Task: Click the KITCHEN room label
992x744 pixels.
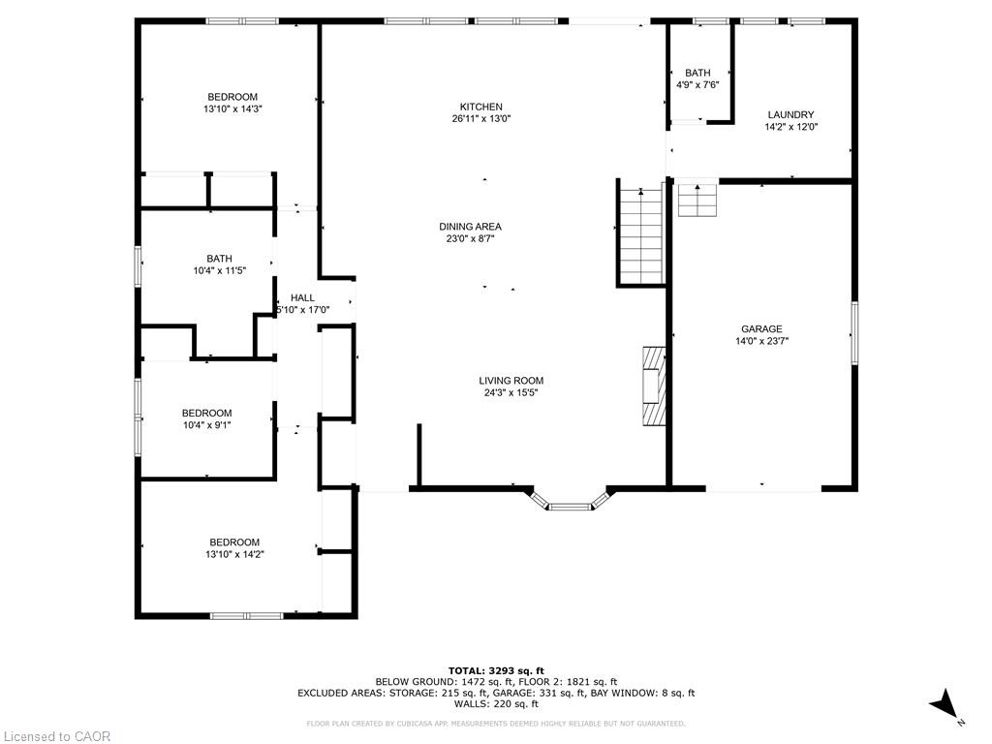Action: pos(480,107)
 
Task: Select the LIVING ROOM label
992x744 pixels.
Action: pos(511,381)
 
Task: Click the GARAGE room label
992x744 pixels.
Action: pos(762,328)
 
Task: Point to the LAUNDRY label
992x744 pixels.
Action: pos(790,114)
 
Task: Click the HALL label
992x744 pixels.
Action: pos(302,297)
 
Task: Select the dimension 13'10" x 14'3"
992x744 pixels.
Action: pos(232,109)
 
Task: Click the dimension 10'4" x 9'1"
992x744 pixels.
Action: pos(206,424)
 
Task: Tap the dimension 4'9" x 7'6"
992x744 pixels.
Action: pos(697,84)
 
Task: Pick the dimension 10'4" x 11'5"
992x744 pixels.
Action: pos(219,270)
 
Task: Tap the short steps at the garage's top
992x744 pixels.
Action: pos(696,200)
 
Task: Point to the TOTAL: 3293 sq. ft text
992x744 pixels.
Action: pos(496,670)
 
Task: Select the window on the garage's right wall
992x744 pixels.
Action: pos(853,332)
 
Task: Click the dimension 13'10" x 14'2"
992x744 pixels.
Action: pos(234,554)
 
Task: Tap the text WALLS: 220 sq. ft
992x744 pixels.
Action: pos(496,704)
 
